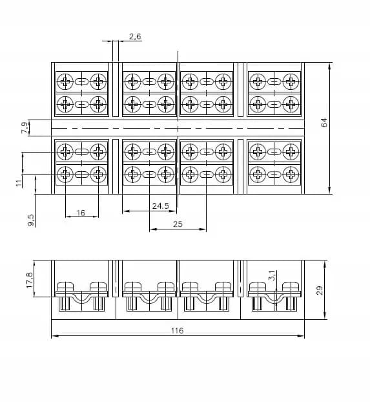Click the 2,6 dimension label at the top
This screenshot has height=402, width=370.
[135, 37]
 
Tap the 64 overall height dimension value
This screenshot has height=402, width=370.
[324, 122]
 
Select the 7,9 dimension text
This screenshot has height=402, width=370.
[25, 128]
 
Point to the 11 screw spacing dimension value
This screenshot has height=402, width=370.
[19, 183]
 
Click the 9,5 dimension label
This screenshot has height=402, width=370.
[30, 220]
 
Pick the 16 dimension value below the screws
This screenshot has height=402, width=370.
[81, 213]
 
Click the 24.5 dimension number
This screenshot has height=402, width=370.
[161, 206]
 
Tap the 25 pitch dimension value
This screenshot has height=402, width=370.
[178, 224]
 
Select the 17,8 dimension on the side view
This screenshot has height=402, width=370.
[30, 280]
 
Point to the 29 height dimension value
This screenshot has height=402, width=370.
[320, 290]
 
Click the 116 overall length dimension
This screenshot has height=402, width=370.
[178, 331]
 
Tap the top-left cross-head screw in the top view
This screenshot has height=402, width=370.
[65, 82]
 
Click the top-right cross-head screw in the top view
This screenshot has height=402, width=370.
[291, 82]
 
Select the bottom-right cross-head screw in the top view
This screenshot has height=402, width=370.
[291, 175]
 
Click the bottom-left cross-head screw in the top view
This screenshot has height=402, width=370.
[65, 175]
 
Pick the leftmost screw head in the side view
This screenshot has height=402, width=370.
[65, 286]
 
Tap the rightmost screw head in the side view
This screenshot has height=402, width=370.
[291, 286]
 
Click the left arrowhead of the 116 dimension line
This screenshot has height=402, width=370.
[54, 335]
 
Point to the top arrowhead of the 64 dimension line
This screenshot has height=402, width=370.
[329, 66]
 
